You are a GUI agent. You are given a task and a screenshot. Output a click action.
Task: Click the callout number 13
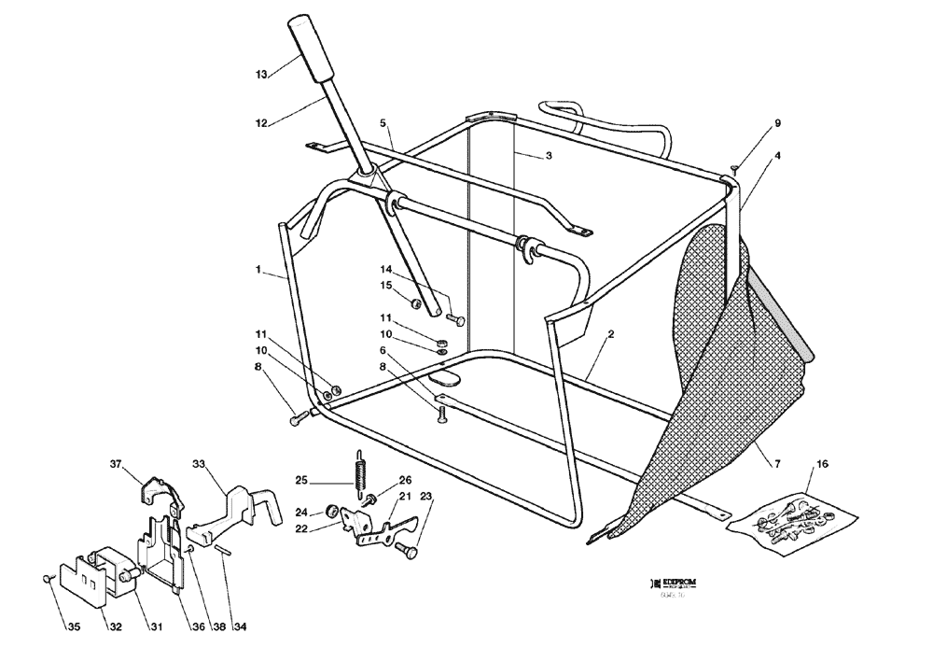pyautogui.click(x=261, y=73)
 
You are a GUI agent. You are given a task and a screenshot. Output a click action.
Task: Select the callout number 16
pyautogui.click(x=822, y=463)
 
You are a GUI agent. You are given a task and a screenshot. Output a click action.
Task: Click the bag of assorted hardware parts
pyautogui.click(x=788, y=519)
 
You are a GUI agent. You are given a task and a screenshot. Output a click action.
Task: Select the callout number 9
pyautogui.click(x=777, y=122)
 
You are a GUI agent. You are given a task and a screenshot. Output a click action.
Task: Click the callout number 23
pyautogui.click(x=425, y=497)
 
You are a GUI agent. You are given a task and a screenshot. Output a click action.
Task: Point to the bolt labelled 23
pyautogui.click(x=406, y=551)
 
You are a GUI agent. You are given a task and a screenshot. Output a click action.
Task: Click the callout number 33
pyautogui.click(x=198, y=464)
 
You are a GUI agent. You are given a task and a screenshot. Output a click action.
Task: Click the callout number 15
pyautogui.click(x=386, y=285)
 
